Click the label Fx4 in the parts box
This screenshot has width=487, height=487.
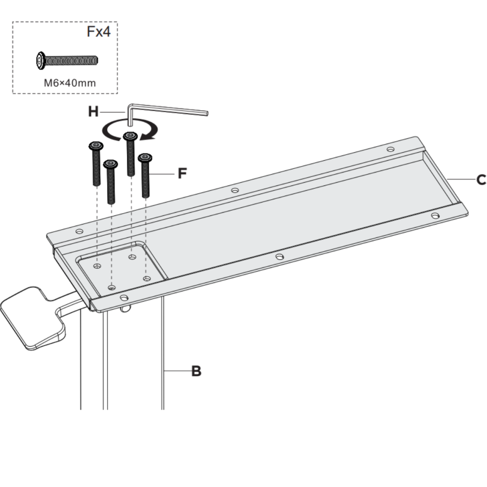99,32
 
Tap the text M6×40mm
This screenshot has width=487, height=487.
70,83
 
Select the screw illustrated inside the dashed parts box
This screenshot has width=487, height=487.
67,60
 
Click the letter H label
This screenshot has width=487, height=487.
93,112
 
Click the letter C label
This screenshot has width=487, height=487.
481,180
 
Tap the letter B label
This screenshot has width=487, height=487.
196,371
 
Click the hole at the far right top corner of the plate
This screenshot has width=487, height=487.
390,149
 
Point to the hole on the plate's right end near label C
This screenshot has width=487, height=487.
435,216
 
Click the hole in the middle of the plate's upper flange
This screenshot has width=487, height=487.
234,190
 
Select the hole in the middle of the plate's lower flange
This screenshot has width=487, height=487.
280,257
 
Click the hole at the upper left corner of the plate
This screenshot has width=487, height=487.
79,232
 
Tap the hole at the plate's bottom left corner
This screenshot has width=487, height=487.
124,298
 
